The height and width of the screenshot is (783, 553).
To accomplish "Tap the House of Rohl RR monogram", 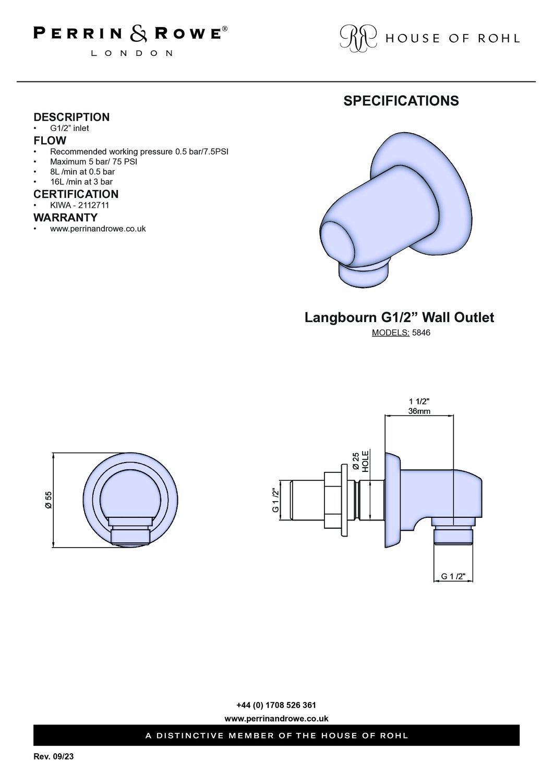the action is click(358, 39).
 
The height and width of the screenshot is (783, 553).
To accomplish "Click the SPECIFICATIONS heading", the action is click(401, 101).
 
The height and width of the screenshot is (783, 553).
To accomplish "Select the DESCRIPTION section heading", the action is click(71, 117).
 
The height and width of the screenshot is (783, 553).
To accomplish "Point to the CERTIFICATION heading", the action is click(76, 194).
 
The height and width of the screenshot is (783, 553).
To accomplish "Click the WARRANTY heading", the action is click(66, 218).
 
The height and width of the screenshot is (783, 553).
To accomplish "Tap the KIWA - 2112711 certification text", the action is click(80, 205).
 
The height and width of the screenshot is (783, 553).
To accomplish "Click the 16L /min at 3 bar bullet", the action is click(81, 182).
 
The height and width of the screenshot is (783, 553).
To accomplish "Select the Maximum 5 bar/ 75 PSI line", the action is click(93, 162).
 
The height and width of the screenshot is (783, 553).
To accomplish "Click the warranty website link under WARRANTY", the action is click(98, 229).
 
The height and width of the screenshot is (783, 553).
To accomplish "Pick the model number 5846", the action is click(421, 333).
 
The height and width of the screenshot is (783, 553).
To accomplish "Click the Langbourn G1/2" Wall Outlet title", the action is click(399, 317).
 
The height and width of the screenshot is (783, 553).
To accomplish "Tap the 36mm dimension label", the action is click(419, 411).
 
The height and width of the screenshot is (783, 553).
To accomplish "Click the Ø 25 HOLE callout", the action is click(360, 462).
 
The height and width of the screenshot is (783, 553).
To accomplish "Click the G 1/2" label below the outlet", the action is click(453, 576).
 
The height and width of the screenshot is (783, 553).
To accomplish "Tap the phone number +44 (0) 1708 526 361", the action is click(276, 705).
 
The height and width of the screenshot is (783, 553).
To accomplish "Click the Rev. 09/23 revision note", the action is click(54, 757).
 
